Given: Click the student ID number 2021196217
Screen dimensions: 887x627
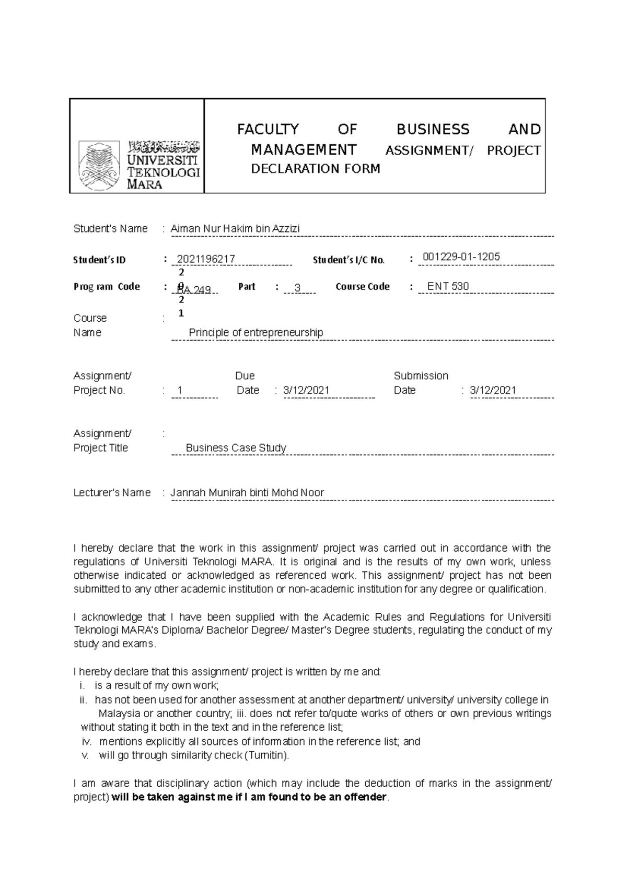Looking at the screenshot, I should [206, 259].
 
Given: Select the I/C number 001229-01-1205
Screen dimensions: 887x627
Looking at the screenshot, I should [461, 256].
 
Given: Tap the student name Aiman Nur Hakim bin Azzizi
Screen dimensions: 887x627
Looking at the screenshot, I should [235, 228].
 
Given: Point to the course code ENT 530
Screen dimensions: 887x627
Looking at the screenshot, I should [448, 286].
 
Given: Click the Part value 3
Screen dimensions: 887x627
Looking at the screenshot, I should [297, 288].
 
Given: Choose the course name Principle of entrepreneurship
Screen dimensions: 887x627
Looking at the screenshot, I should [256, 332].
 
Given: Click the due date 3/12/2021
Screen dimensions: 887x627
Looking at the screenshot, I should [306, 390].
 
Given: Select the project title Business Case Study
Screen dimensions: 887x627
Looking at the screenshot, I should [236, 448].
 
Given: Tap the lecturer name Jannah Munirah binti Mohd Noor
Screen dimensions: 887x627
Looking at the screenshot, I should [247, 493].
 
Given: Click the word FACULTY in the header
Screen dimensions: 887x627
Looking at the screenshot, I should [268, 130].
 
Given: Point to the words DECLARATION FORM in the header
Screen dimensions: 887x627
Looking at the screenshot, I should [316, 169].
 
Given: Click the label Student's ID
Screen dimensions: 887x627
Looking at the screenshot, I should [99, 260].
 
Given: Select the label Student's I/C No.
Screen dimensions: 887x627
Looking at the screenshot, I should [349, 260].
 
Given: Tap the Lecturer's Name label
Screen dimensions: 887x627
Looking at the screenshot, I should [112, 493].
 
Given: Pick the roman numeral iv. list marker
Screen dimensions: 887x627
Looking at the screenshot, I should [87, 741].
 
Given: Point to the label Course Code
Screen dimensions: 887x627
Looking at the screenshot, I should [363, 286].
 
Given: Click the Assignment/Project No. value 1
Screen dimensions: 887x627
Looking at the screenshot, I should [180, 390].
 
